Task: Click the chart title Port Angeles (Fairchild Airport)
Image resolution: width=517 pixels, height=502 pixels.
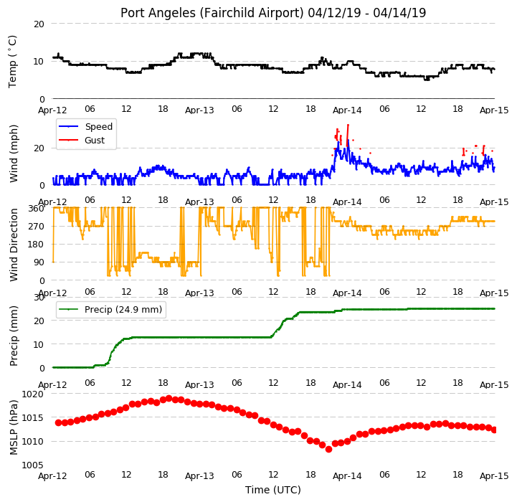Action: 212,13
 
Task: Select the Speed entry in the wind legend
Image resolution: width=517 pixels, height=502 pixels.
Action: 98,127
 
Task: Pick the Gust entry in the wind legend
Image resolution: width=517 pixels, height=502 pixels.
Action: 95,141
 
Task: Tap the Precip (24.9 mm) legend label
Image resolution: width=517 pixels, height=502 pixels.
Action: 123,310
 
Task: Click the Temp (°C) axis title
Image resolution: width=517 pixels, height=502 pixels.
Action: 12,62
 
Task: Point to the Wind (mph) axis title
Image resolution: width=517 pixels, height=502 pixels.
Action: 14,153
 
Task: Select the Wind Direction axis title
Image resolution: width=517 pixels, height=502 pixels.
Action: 14,245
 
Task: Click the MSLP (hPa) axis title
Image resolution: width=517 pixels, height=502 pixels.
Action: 14,427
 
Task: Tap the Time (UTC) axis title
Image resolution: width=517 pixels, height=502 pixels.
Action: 273,490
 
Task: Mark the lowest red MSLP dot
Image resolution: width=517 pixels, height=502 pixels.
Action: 328,449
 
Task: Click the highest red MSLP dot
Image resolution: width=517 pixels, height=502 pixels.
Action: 169,399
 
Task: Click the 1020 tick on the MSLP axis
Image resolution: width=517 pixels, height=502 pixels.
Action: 33,394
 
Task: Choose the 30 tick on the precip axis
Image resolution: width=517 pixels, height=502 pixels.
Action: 39,298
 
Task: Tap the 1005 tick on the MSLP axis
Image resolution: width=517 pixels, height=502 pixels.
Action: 33,465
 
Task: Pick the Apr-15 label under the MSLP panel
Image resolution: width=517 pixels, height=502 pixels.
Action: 494,476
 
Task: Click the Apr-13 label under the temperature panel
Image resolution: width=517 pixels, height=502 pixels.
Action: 199,110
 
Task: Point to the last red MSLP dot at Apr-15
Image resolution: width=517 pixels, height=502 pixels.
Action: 494,430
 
